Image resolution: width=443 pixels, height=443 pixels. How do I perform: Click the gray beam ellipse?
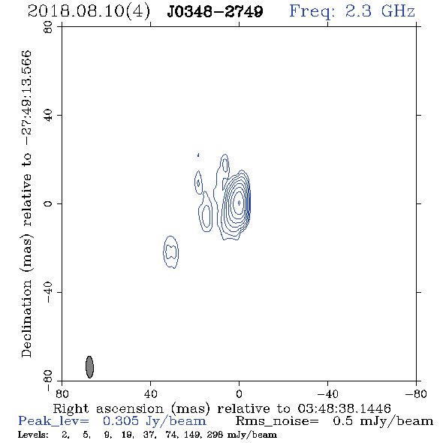pos(89,367)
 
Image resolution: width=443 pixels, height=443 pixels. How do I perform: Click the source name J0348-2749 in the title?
pos(215,12)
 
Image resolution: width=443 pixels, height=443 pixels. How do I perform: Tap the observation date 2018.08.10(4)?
pos(89,12)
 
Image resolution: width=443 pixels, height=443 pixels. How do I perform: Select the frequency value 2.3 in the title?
pos(358,11)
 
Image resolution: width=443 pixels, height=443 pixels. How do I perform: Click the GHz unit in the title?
pos(398,11)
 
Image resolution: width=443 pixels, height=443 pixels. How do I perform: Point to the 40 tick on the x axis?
pos(150,394)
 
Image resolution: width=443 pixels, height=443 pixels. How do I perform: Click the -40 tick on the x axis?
pos(327,394)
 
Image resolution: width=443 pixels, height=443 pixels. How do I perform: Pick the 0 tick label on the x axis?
pos(239,394)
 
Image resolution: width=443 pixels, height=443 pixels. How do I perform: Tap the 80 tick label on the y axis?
pos(48,27)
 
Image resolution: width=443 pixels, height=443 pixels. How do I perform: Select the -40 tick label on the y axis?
pos(48,292)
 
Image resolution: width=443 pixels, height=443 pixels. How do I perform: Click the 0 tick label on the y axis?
pos(48,203)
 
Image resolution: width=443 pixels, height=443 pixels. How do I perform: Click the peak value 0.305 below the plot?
pos(121,421)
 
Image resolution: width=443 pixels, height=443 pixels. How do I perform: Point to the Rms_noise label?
pos(277,421)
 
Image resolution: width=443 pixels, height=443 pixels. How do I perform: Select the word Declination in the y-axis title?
pos(26,319)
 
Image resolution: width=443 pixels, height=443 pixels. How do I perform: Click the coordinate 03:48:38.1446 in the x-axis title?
pos(344,408)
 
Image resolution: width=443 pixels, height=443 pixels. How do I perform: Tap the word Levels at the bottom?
pos(33,435)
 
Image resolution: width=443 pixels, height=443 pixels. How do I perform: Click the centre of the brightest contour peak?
pos(239,203)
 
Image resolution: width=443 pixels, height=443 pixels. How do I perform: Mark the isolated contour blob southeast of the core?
pos(171,252)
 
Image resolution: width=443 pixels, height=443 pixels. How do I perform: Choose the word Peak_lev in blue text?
pos(53,421)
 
